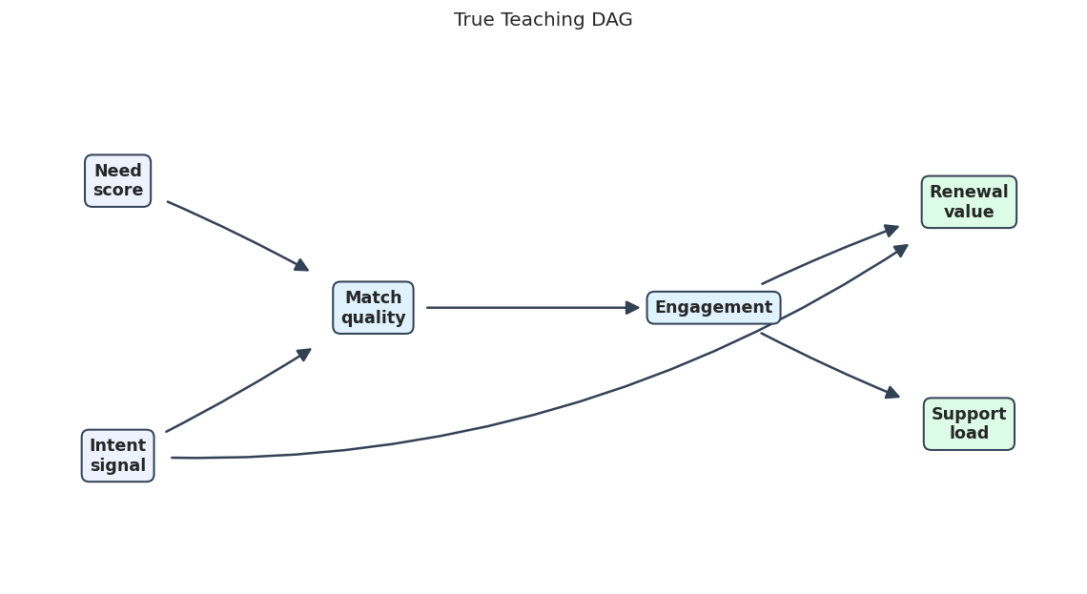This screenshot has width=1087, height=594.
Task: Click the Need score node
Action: tap(118, 181)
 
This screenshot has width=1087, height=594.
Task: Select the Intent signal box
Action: tap(118, 456)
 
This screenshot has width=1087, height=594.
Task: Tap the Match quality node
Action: tap(373, 308)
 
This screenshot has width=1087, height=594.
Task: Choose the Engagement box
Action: tap(713, 308)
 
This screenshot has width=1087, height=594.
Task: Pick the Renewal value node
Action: tap(969, 202)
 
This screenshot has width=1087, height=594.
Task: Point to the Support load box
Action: tap(969, 424)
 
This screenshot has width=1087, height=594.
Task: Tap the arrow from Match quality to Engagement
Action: tap(532, 308)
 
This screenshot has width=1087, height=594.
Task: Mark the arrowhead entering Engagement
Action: tap(632, 308)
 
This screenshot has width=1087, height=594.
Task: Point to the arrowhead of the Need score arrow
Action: tap(302, 265)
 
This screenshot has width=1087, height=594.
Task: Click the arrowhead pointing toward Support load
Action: tap(892, 393)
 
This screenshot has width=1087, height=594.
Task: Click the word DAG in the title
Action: tap(612, 19)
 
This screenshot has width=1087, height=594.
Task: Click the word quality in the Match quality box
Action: tap(373, 317)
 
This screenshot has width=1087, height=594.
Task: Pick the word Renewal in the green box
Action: tap(969, 192)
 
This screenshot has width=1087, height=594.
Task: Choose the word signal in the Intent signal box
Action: tap(118, 465)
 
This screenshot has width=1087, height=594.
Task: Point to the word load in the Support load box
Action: tap(969, 433)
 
